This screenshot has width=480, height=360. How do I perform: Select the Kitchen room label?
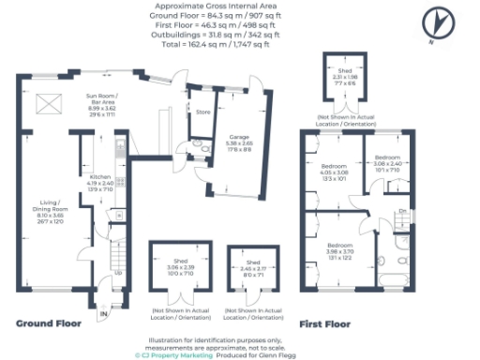(x=100, y=184)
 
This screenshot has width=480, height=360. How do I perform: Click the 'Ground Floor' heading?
(x=49, y=323)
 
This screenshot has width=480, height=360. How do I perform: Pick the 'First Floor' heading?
(x=324, y=323)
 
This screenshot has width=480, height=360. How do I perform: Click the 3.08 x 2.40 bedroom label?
(x=387, y=162)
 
